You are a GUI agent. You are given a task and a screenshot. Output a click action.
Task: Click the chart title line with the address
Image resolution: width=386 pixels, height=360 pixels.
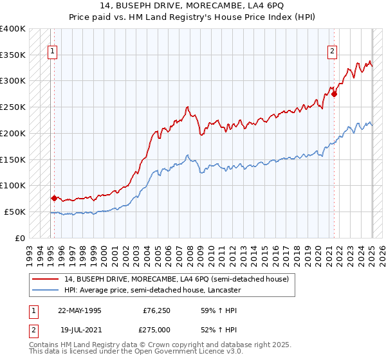[192, 6]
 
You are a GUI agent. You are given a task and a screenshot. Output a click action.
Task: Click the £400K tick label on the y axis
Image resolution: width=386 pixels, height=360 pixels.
[13, 29]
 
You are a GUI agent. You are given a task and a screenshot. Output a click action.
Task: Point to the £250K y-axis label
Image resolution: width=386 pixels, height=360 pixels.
[13, 107]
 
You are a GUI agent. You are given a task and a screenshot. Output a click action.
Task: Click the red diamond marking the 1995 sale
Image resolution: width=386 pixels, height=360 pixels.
[54, 198]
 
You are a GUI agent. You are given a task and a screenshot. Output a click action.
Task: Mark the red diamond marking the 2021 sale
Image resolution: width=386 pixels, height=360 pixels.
[335, 94]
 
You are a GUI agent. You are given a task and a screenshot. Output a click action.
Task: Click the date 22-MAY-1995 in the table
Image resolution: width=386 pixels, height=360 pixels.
[80, 310]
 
